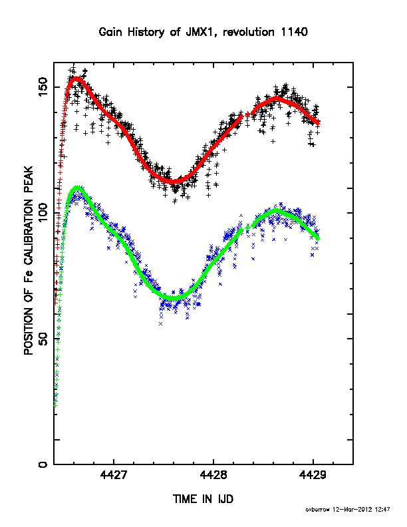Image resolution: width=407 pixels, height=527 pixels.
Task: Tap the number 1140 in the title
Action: coord(295,32)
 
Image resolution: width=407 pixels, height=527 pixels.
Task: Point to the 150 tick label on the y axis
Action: coord(44,87)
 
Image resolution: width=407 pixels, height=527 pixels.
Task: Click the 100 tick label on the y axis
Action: coord(44,212)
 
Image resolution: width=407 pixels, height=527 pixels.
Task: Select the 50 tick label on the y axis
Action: coord(44,339)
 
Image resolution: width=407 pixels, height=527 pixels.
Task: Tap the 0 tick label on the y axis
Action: coord(44,464)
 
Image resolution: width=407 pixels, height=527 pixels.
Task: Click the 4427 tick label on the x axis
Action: coord(114,475)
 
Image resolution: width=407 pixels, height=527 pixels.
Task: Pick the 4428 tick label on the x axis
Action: coord(213,475)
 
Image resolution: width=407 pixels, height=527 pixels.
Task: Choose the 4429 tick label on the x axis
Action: coord(313,475)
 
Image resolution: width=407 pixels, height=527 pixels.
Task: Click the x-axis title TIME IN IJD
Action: coord(203,499)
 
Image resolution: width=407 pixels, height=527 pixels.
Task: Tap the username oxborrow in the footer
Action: coord(318,510)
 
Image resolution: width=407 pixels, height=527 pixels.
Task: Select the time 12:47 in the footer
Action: coord(382,510)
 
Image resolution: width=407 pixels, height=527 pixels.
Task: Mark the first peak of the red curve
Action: coord(76,79)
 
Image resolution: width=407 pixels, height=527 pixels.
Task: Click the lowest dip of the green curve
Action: coord(174,298)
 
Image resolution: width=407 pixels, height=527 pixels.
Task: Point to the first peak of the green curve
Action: coord(77,188)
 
